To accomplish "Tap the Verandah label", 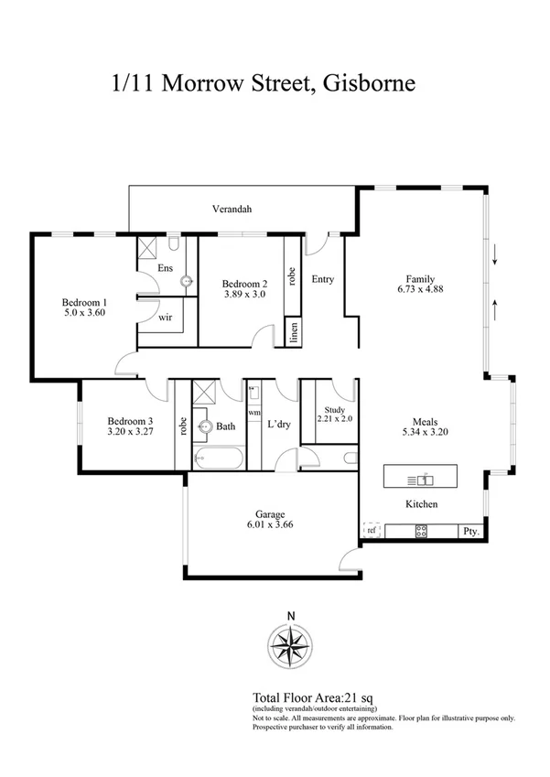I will point(232,210).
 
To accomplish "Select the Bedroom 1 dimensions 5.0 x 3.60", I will point(85,313).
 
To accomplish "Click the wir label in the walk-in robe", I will point(166,318).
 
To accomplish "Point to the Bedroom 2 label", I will point(245,283).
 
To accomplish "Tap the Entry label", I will point(322,279).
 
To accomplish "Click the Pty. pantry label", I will point(471,531).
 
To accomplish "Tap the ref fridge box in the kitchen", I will point(372,530).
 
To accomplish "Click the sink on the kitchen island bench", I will point(425,479).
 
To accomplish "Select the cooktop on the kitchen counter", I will point(422,530).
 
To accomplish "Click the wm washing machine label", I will point(253,413).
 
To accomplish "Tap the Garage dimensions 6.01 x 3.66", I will point(270,526).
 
